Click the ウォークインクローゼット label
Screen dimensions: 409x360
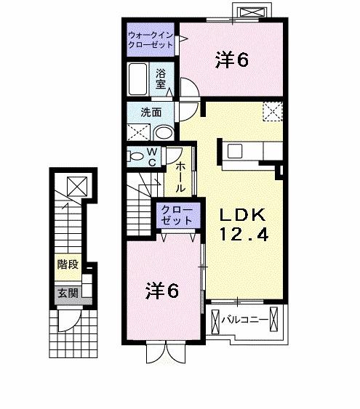point(151,39)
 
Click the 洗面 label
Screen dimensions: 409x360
point(151,113)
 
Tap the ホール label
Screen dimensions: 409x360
point(180,177)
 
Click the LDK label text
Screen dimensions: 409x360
point(244,215)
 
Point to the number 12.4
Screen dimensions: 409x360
point(244,234)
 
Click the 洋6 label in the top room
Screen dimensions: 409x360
point(232,61)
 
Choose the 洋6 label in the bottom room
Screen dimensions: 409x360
point(161,290)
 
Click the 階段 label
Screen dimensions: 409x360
point(68,264)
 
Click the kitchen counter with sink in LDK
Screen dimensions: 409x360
point(252,152)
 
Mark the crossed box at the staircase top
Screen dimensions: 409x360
point(75,186)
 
